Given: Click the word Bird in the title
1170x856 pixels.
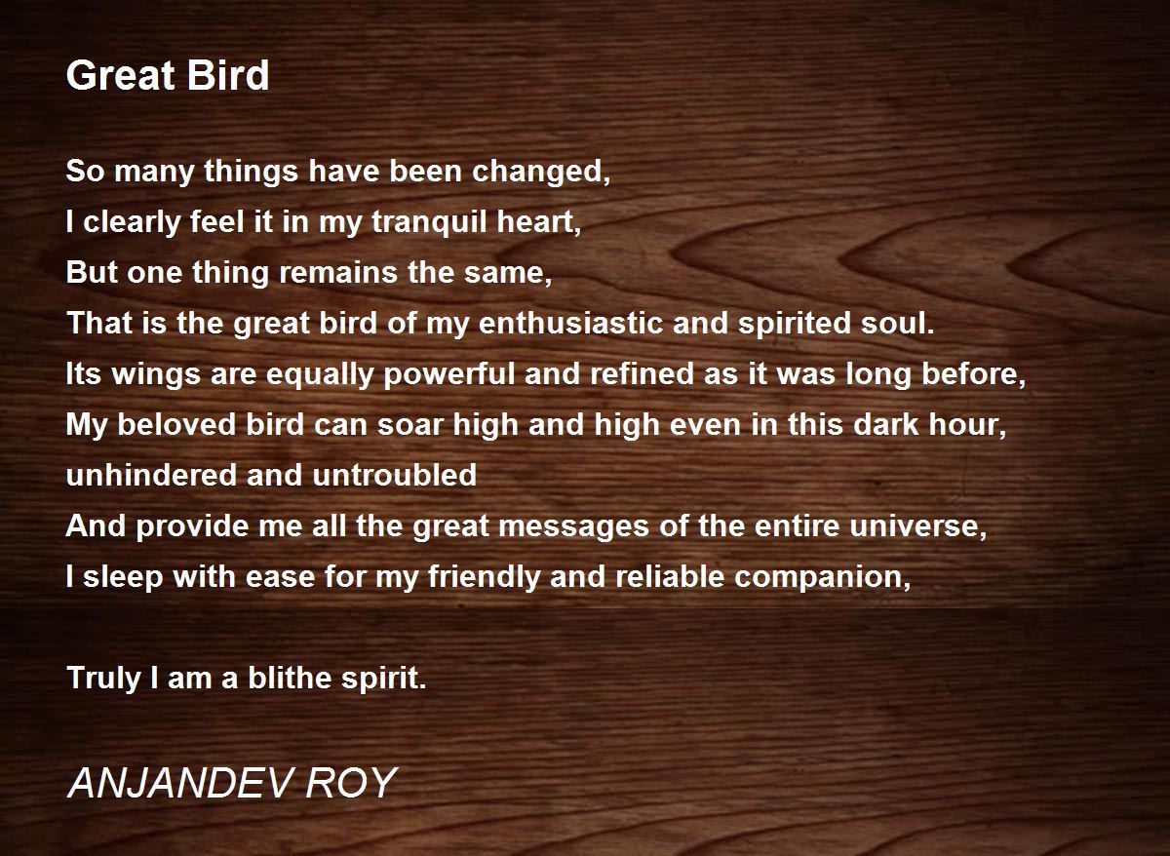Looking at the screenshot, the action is (227, 75).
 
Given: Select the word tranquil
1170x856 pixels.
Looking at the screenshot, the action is (430, 223).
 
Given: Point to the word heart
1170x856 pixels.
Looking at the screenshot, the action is (538, 222).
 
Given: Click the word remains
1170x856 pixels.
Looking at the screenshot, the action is (338, 273).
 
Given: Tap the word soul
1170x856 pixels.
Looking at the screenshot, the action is (897, 324).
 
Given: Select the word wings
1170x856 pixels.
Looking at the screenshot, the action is (156, 376).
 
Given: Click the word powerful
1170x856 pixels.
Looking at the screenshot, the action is (449, 376).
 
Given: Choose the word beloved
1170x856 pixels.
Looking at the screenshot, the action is (177, 425).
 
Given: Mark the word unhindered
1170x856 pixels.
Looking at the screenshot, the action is (151, 475).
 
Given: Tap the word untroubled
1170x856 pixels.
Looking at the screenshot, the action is (394, 475).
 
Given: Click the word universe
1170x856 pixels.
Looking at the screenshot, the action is (918, 525).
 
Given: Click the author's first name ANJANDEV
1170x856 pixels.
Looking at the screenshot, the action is (180, 783).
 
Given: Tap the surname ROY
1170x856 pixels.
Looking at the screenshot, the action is (351, 783).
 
